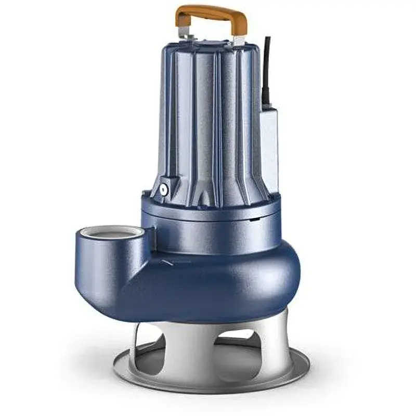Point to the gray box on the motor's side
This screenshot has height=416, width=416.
[269, 140]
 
